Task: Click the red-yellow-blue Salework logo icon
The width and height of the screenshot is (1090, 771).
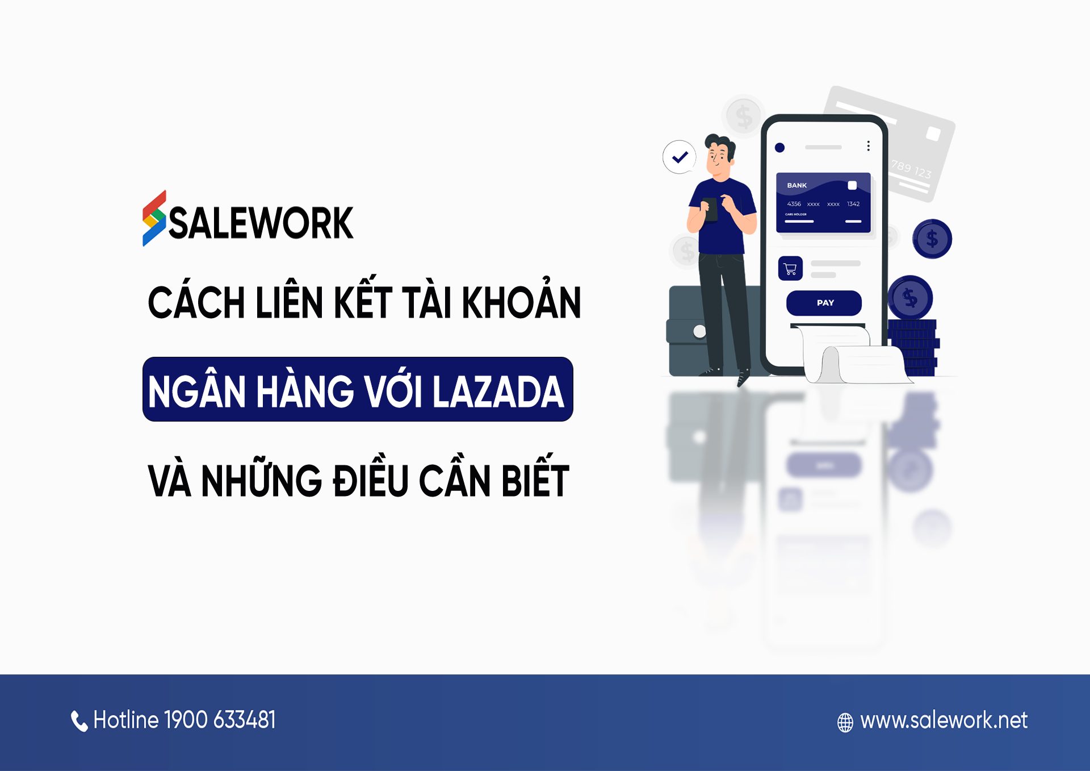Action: tap(154, 219)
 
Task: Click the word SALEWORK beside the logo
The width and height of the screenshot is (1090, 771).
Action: tap(261, 223)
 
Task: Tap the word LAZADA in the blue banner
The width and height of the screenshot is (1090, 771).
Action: tap(498, 391)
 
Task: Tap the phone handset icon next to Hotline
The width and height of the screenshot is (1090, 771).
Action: tap(79, 721)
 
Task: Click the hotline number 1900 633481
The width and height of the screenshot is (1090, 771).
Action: tap(220, 720)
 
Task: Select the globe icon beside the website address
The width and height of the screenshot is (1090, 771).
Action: tap(845, 722)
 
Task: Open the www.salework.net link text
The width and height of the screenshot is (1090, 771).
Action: tap(944, 720)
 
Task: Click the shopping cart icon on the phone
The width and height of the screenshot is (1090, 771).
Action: tap(790, 269)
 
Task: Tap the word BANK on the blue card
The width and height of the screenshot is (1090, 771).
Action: tap(796, 185)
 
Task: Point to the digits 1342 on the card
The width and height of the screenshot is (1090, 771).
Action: tap(853, 204)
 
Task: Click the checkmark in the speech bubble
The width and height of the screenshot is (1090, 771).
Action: tap(680, 157)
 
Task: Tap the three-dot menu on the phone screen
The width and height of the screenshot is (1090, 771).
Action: tap(868, 146)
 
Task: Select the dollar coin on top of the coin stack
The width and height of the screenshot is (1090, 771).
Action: tap(910, 297)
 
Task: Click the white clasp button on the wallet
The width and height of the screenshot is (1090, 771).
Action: tap(699, 331)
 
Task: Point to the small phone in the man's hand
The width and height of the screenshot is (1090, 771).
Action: tap(710, 209)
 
